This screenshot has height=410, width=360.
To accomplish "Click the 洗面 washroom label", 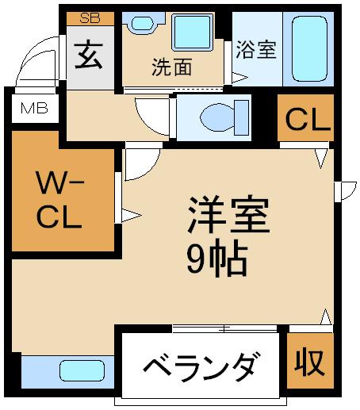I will (x=172, y=68).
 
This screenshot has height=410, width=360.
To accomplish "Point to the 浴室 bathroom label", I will (x=256, y=49).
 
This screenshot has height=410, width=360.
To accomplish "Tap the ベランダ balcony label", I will (x=200, y=367).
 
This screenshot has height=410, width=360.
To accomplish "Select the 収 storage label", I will (x=310, y=362).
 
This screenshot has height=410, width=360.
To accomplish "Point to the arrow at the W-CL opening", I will (x=131, y=214).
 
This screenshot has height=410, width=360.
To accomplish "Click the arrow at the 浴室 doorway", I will (x=237, y=78).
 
